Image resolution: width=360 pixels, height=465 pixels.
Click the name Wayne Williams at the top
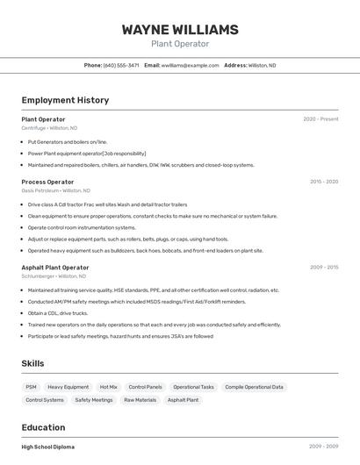coord(180,30)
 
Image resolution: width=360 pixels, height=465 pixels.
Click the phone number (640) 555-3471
coord(121,65)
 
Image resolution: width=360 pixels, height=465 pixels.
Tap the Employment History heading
coord(65,100)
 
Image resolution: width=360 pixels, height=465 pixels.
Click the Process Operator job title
coord(47,182)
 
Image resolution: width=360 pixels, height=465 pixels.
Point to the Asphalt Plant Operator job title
coord(55,268)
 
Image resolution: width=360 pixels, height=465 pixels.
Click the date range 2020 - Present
coord(320,119)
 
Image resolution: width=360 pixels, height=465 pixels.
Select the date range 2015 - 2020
coord(324,182)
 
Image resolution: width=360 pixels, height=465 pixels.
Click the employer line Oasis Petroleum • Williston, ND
coord(55,190)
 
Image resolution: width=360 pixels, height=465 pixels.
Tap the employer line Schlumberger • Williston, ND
coord(54,276)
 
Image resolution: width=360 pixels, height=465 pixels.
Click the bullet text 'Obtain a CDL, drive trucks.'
coord(57,313)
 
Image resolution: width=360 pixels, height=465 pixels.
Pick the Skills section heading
coord(33,363)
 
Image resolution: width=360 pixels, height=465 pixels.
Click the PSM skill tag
coord(32,387)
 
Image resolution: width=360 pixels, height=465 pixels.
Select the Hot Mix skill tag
coord(109,387)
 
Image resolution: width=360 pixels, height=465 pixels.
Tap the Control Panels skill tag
coord(145,387)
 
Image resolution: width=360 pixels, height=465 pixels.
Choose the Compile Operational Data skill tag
coord(254,387)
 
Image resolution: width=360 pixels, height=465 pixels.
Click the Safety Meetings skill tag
coord(94,400)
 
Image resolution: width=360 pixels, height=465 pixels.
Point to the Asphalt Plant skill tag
coord(183,400)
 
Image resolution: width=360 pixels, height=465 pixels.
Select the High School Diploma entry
coord(48,447)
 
